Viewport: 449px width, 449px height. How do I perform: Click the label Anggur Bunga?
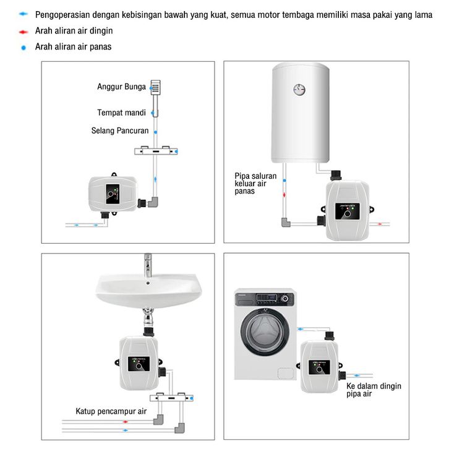(x=121, y=87)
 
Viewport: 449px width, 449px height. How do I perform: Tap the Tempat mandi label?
(x=121, y=113)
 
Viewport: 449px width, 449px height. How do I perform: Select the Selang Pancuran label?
(x=120, y=130)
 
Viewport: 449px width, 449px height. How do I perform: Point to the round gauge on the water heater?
(x=299, y=90)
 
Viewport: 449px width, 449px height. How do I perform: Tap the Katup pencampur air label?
(x=111, y=411)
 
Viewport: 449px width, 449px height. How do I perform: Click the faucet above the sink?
(x=148, y=265)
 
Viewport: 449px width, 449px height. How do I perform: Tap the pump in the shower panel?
(x=113, y=195)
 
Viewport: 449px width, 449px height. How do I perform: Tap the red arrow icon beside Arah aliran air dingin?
(x=24, y=30)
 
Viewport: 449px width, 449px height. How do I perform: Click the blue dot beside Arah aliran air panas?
(x=24, y=47)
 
